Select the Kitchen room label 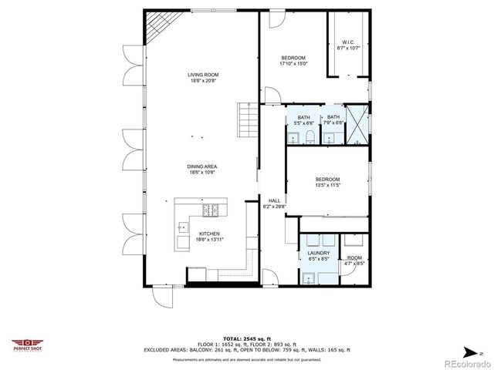(x=210, y=234)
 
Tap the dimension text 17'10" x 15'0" (x=294, y=64)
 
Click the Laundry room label (x=319, y=253)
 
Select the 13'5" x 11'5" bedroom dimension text (x=327, y=185)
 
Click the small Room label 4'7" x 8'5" (x=354, y=257)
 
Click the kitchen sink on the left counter (x=183, y=227)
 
